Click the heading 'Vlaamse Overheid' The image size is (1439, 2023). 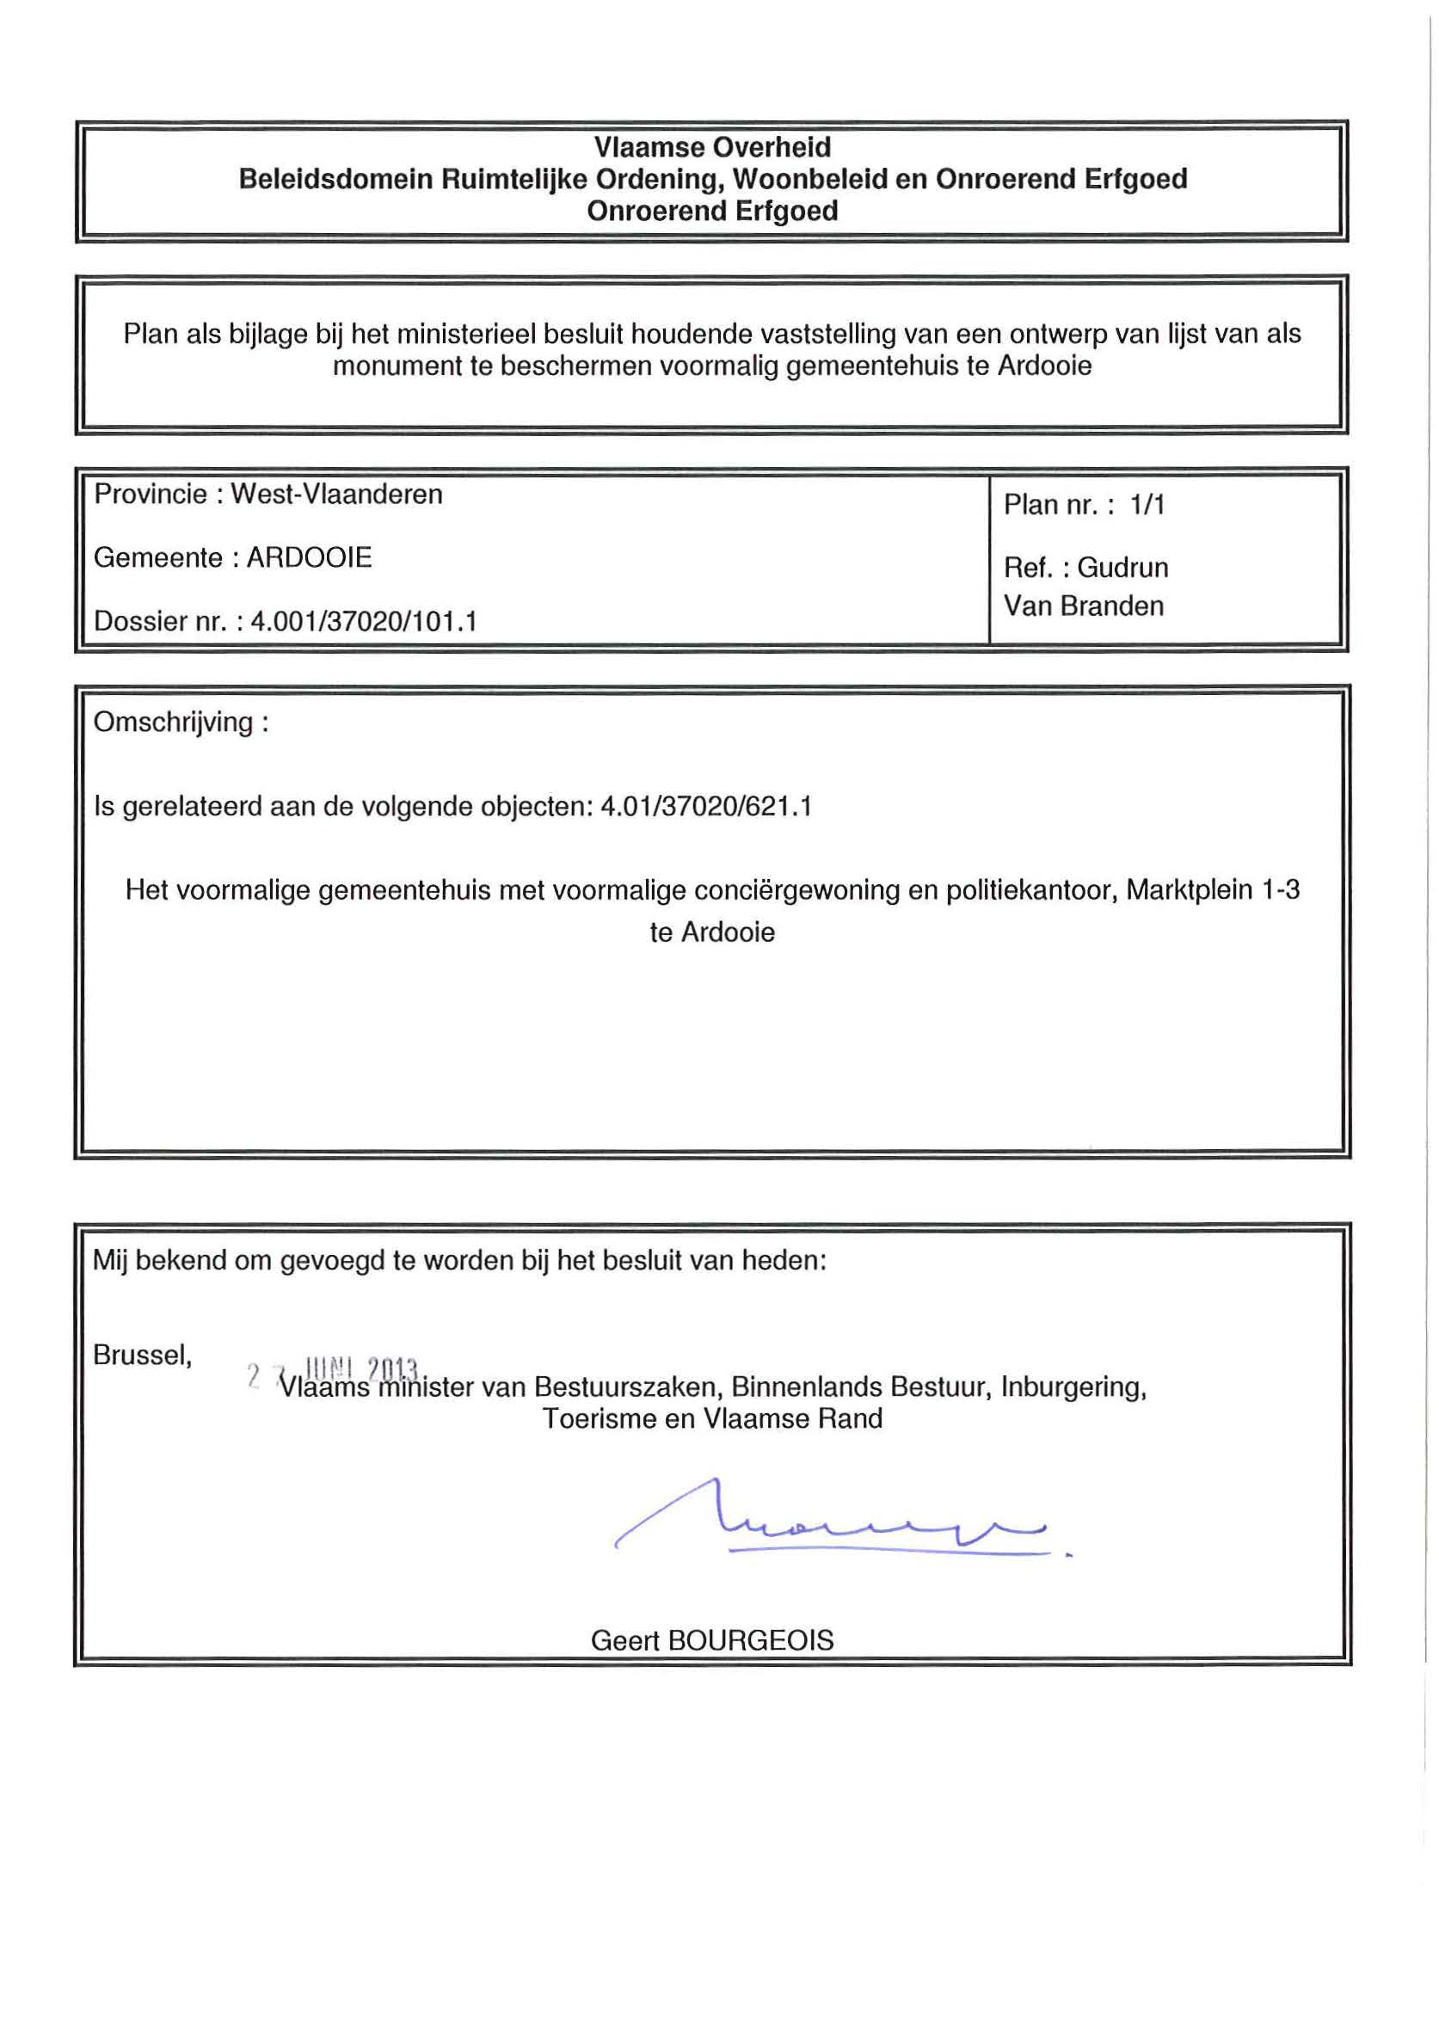711,147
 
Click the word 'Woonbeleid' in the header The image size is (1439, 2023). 803,179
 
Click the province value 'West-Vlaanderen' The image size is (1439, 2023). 336,495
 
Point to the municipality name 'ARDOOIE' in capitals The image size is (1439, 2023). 310,557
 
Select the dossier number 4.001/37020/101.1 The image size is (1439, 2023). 364,621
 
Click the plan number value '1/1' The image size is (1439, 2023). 1147,505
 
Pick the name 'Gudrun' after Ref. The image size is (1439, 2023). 1122,568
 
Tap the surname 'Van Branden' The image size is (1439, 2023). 1084,606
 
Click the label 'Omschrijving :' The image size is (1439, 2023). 181,722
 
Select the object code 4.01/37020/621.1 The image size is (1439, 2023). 706,807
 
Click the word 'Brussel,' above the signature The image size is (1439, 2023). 143,1355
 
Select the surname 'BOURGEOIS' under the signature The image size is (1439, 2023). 751,1640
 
